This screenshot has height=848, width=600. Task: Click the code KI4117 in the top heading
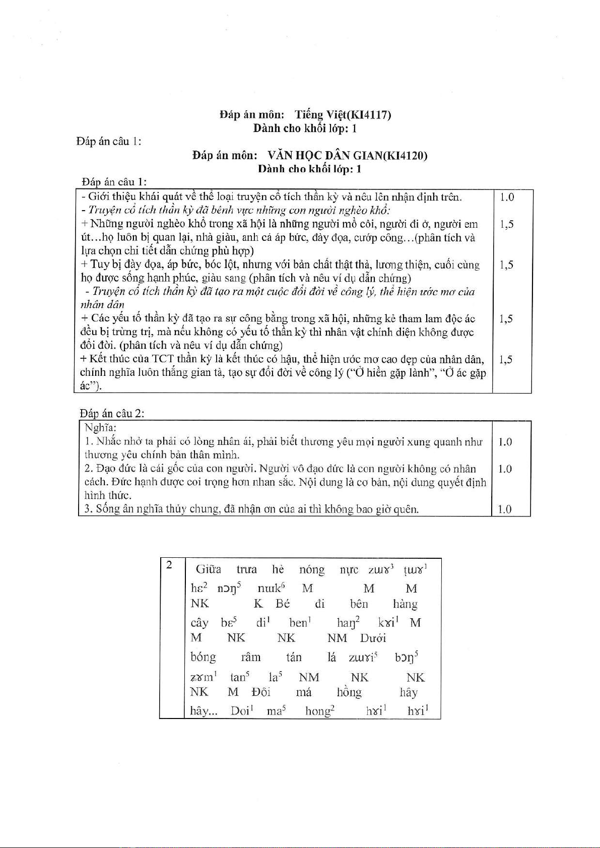(372, 115)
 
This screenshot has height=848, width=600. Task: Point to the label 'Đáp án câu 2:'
(112, 413)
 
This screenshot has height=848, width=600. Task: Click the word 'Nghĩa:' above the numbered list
(100, 428)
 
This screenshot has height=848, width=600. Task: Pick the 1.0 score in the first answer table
(507, 197)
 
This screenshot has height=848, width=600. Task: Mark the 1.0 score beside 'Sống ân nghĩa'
(504, 509)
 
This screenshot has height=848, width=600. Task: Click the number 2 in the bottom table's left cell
(169, 565)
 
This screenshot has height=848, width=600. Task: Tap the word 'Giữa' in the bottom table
(208, 569)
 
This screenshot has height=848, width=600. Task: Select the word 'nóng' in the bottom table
(312, 570)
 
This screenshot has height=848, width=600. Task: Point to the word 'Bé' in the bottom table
(283, 604)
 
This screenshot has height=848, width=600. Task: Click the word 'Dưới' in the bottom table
(373, 638)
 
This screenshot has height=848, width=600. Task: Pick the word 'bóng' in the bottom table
(203, 657)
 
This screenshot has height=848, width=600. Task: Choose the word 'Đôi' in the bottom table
(261, 692)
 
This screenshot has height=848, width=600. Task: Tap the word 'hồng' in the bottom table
(349, 692)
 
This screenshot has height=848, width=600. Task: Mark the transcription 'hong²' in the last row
(320, 711)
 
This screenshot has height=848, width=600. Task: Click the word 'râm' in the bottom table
(251, 657)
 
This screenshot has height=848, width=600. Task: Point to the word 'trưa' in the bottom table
(247, 570)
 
